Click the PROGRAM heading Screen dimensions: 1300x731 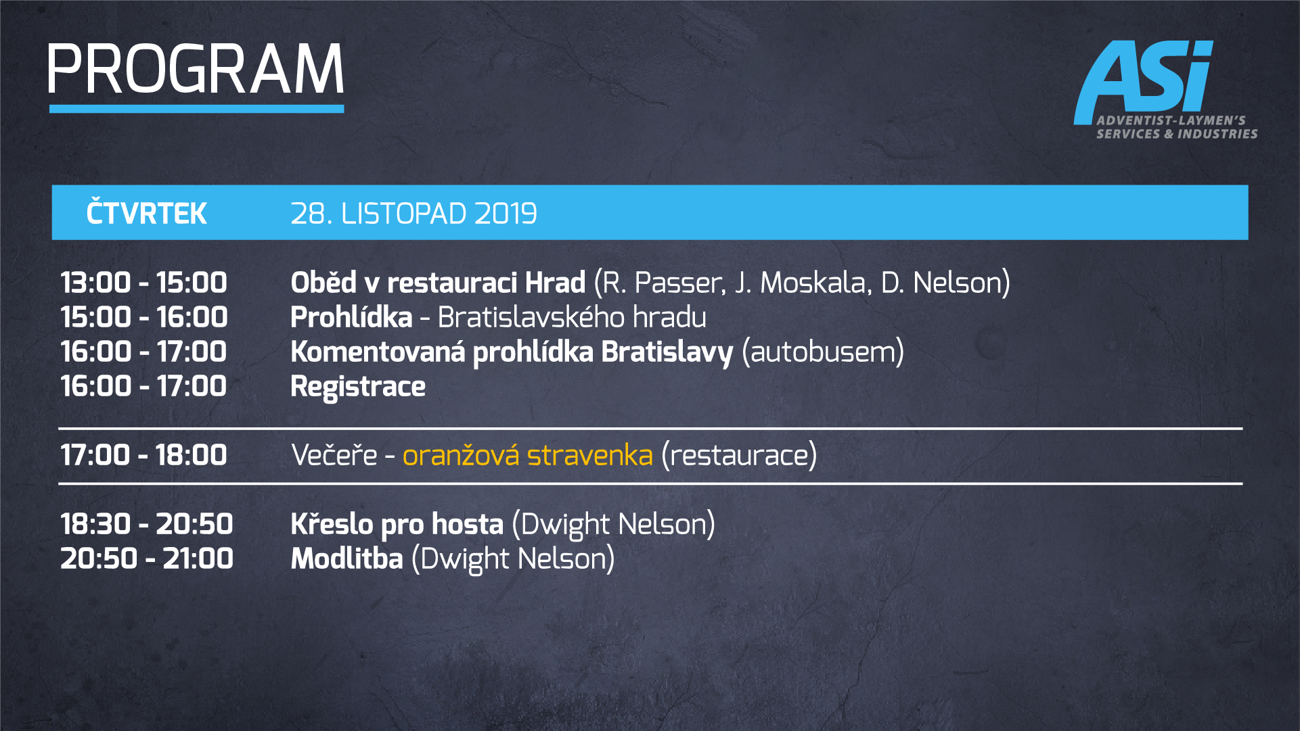point(196,69)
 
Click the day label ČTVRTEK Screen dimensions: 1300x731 point(146,213)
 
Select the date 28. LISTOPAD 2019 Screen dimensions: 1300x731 point(413,214)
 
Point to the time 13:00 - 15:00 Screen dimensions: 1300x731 point(143,283)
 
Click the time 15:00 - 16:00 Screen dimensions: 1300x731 point(143,317)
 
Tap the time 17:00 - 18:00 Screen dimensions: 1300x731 point(143,455)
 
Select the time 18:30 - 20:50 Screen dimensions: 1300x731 point(146,524)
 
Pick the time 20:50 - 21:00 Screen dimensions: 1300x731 point(146,559)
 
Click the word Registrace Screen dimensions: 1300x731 point(358,387)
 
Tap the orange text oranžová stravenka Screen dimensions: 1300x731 point(527,455)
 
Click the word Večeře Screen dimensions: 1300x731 point(334,455)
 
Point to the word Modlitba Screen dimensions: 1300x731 point(346,559)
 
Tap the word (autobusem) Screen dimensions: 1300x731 point(823,352)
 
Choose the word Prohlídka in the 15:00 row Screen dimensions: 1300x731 point(351,317)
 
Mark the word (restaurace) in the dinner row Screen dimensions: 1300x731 point(739,456)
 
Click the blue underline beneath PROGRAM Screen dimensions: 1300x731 point(196,108)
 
